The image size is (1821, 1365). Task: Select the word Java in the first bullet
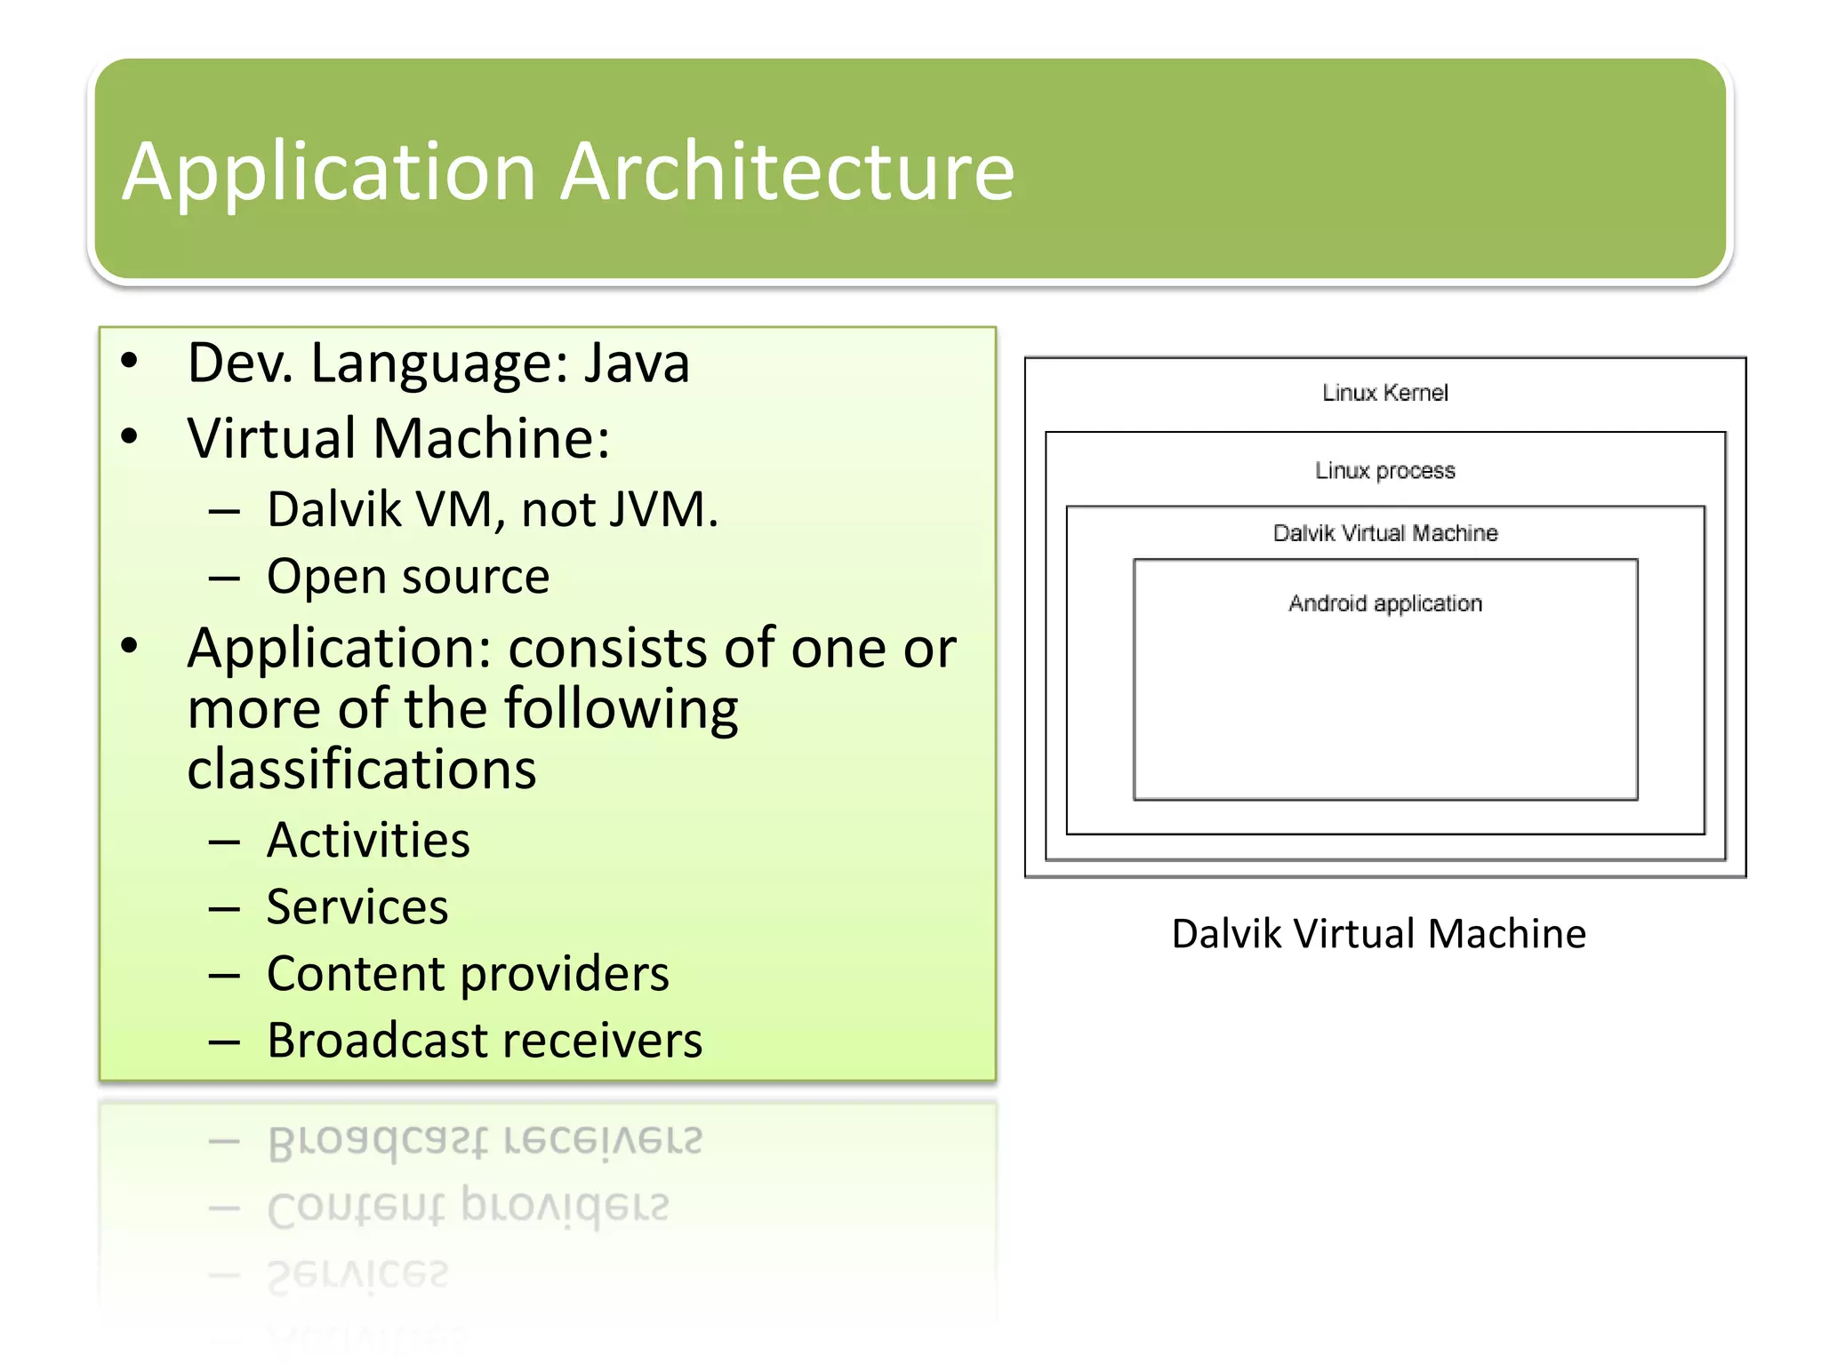(x=636, y=363)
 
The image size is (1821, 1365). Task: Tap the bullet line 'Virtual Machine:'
(x=398, y=439)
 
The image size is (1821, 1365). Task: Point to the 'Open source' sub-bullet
(x=407, y=577)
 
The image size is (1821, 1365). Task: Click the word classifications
(x=361, y=769)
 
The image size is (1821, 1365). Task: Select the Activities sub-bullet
(x=367, y=841)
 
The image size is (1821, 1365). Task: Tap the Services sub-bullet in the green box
(x=357, y=907)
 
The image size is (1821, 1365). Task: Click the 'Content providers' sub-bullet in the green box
(x=467, y=974)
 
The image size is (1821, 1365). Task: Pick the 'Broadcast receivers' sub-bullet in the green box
(x=484, y=1041)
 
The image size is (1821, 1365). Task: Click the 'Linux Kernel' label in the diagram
(x=1384, y=393)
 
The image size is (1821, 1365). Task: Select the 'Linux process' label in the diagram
(x=1384, y=470)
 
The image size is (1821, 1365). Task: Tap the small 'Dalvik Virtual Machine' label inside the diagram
(x=1384, y=533)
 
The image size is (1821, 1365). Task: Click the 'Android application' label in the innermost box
(x=1384, y=603)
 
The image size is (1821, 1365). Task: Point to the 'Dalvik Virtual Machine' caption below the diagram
(x=1378, y=934)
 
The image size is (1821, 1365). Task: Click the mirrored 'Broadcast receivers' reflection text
(x=484, y=1140)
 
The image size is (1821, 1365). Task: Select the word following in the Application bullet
(x=621, y=709)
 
